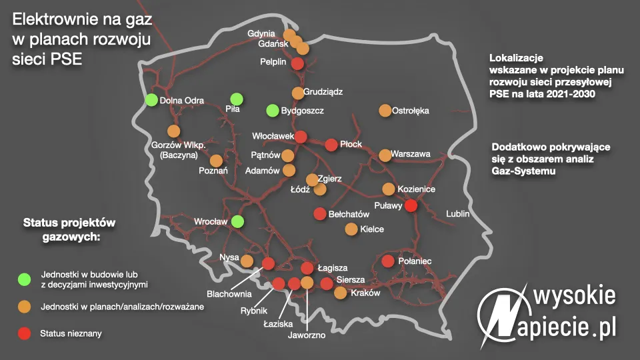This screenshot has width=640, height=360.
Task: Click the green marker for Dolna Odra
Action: [x=151, y=100]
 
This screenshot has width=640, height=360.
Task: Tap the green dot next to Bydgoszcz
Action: [x=272, y=110]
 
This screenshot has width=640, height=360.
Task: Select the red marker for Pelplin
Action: [x=298, y=63]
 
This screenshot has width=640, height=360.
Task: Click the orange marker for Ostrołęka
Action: [x=385, y=110]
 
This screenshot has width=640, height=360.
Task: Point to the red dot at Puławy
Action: [x=411, y=205]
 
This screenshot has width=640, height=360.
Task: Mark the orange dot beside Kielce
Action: [x=351, y=229]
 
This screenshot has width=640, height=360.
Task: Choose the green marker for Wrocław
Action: [x=237, y=221]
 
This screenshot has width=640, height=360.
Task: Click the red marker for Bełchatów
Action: [x=320, y=214]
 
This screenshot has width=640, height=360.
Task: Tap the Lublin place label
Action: [x=458, y=214]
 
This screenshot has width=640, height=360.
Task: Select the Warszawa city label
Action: [x=411, y=154]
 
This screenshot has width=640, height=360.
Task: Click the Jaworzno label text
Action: [x=307, y=335]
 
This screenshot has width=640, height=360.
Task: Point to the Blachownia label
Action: [x=229, y=293]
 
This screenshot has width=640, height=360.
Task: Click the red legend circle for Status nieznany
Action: [x=25, y=333]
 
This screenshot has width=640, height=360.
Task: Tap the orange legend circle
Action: [x=25, y=306]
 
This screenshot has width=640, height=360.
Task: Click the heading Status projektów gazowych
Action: [x=70, y=228]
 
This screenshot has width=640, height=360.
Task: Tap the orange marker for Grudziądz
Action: [x=298, y=93]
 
